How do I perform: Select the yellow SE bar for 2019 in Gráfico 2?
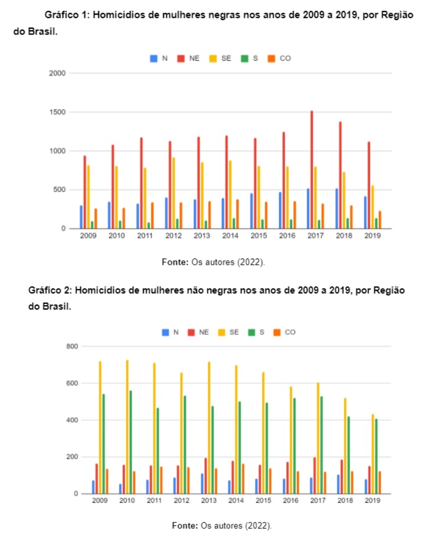click(373, 454)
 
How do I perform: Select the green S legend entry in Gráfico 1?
click(251, 59)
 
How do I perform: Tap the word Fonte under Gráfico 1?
click(175, 262)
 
